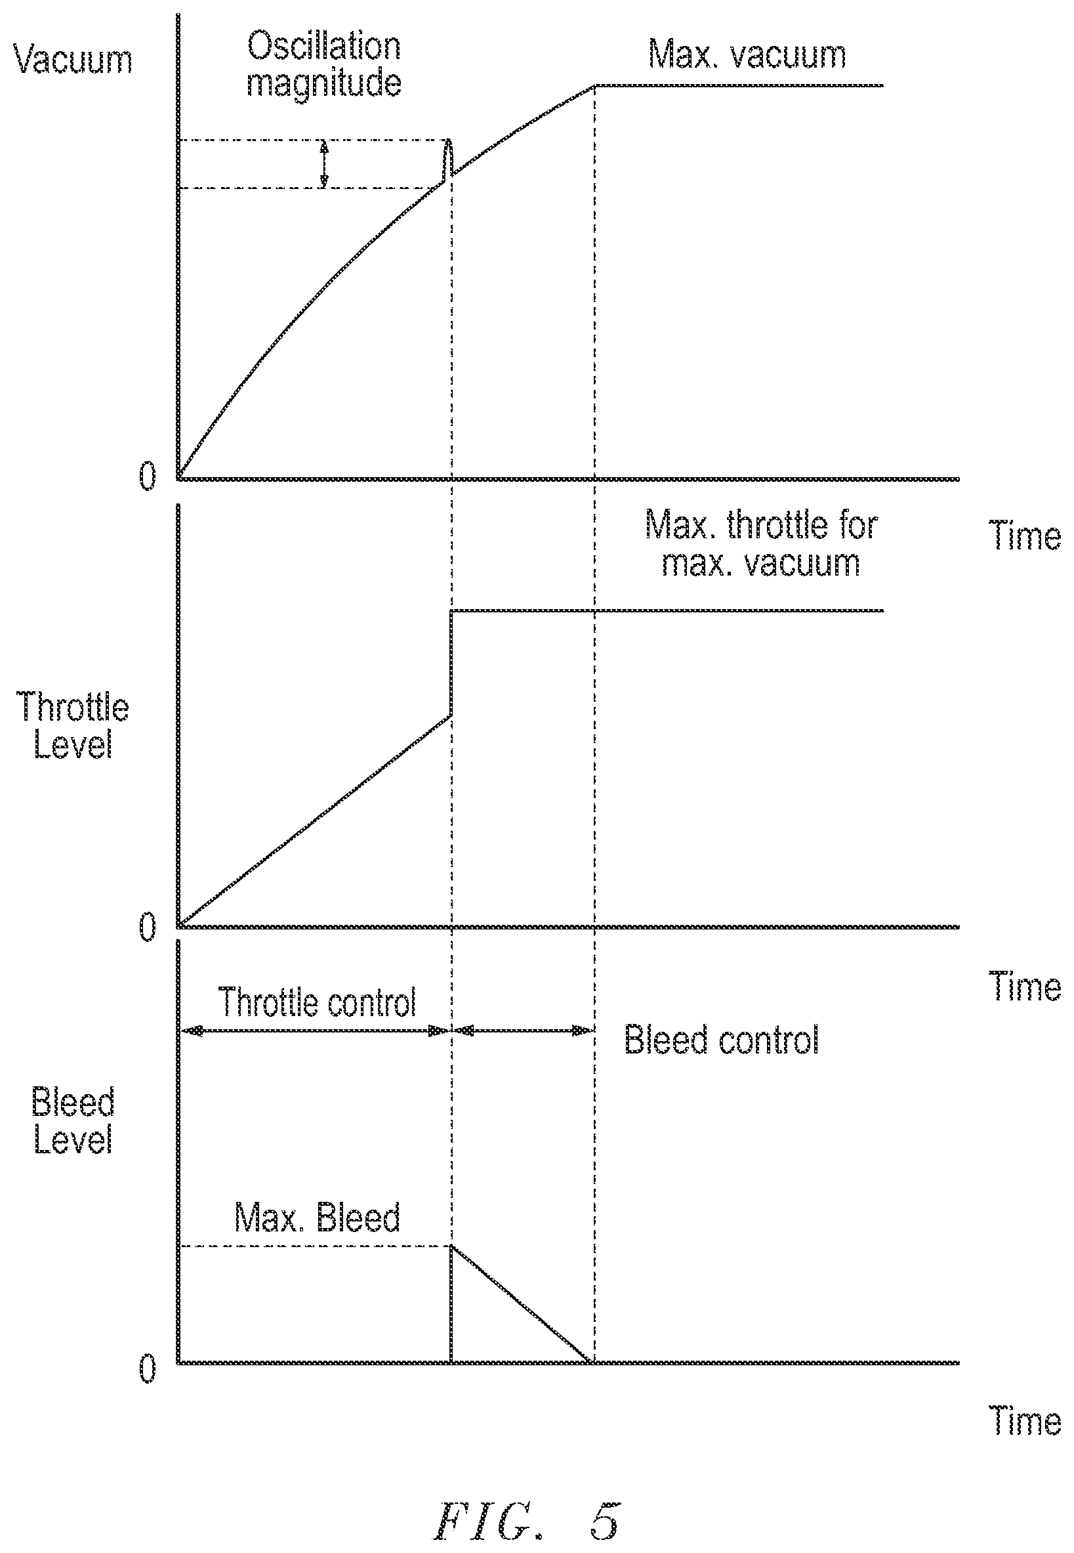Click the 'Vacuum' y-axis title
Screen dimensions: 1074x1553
[73, 59]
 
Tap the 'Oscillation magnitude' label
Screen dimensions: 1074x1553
[323, 65]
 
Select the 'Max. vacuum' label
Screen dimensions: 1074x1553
[747, 54]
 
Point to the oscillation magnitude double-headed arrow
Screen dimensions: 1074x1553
[324, 163]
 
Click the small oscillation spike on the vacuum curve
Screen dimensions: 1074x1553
[448, 159]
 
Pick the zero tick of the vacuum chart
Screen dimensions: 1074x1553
[148, 477]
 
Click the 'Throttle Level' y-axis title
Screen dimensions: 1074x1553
[73, 726]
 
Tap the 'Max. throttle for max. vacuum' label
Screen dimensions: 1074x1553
[761, 544]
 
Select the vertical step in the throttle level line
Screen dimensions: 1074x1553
[451, 663]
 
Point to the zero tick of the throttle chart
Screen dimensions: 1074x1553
[148, 927]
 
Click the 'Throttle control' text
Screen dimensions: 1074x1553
[317, 1002]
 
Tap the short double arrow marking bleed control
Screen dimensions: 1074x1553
[523, 1030]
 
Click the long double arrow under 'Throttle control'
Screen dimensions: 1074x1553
[315, 1030]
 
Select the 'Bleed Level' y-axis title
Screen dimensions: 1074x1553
[73, 1120]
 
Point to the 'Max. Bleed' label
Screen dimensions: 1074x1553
[317, 1217]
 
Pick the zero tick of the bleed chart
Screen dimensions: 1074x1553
[148, 1364]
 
